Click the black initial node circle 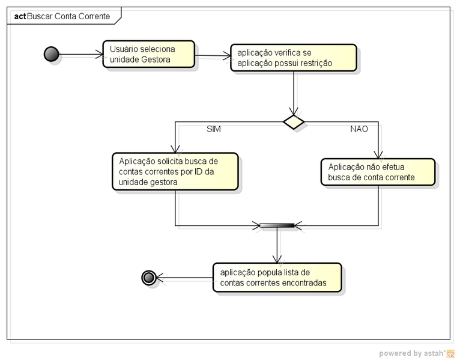(x=52, y=54)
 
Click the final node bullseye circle (x=148, y=277)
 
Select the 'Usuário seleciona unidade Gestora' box (x=148, y=54)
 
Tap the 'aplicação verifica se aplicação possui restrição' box (x=293, y=58)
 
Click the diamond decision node (x=294, y=121)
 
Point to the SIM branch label (x=214, y=129)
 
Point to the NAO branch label (x=359, y=129)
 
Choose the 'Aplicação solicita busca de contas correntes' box (x=175, y=171)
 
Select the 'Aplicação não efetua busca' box (x=377, y=172)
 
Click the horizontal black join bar (x=277, y=225)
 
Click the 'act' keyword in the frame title (x=20, y=16)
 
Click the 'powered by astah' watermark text (x=411, y=353)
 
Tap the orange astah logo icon (x=450, y=353)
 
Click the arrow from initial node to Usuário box (x=81, y=55)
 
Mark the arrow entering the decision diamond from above (x=294, y=93)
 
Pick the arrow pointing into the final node (x=184, y=278)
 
